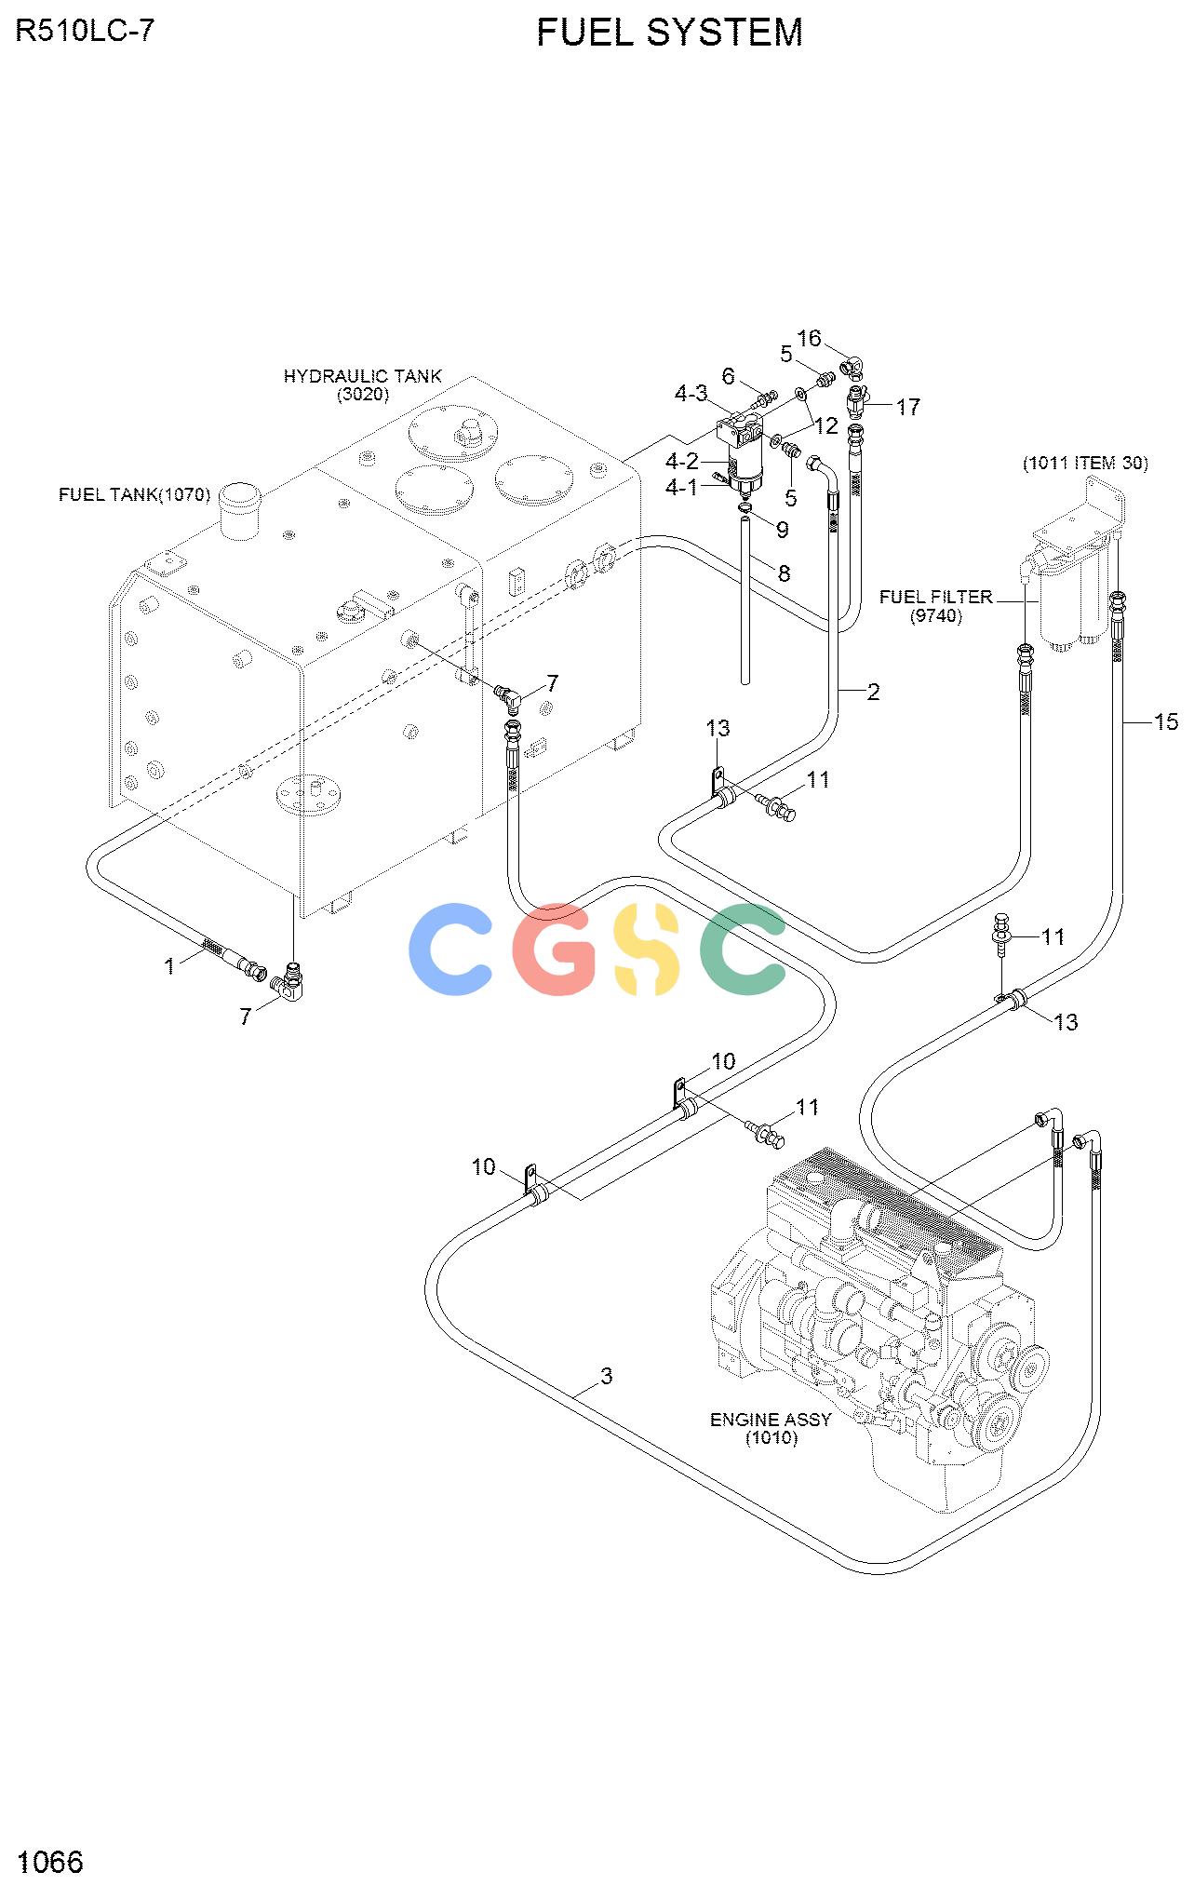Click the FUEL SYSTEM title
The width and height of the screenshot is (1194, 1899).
pyautogui.click(x=669, y=33)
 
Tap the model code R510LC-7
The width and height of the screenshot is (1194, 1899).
pyautogui.click(x=85, y=31)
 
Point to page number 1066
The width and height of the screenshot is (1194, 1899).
pyautogui.click(x=50, y=1861)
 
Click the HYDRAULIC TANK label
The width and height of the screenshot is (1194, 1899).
pyautogui.click(x=363, y=376)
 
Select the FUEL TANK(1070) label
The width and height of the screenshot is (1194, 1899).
pyautogui.click(x=135, y=494)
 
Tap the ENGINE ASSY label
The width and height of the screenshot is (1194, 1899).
pyautogui.click(x=771, y=1420)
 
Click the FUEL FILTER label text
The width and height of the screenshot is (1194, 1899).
pyautogui.click(x=936, y=597)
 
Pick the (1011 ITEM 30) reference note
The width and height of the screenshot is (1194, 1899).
pyautogui.click(x=1085, y=463)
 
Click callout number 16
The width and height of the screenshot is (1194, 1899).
pyautogui.click(x=810, y=338)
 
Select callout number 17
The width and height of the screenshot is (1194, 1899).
pyautogui.click(x=908, y=407)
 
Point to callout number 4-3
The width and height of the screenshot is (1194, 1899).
pyautogui.click(x=691, y=394)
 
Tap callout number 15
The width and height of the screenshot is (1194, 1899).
pyautogui.click(x=1165, y=721)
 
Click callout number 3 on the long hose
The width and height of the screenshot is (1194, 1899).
pyautogui.click(x=607, y=1376)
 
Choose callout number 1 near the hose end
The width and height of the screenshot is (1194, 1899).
pyautogui.click(x=169, y=967)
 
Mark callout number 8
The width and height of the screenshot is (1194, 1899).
pyautogui.click(x=784, y=573)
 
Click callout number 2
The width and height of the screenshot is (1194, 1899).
pyautogui.click(x=873, y=692)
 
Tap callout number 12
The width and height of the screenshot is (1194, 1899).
pyautogui.click(x=826, y=426)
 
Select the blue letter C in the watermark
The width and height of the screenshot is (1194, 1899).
pyautogui.click(x=451, y=949)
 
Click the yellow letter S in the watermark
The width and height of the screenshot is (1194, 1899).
pyautogui.click(x=647, y=949)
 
